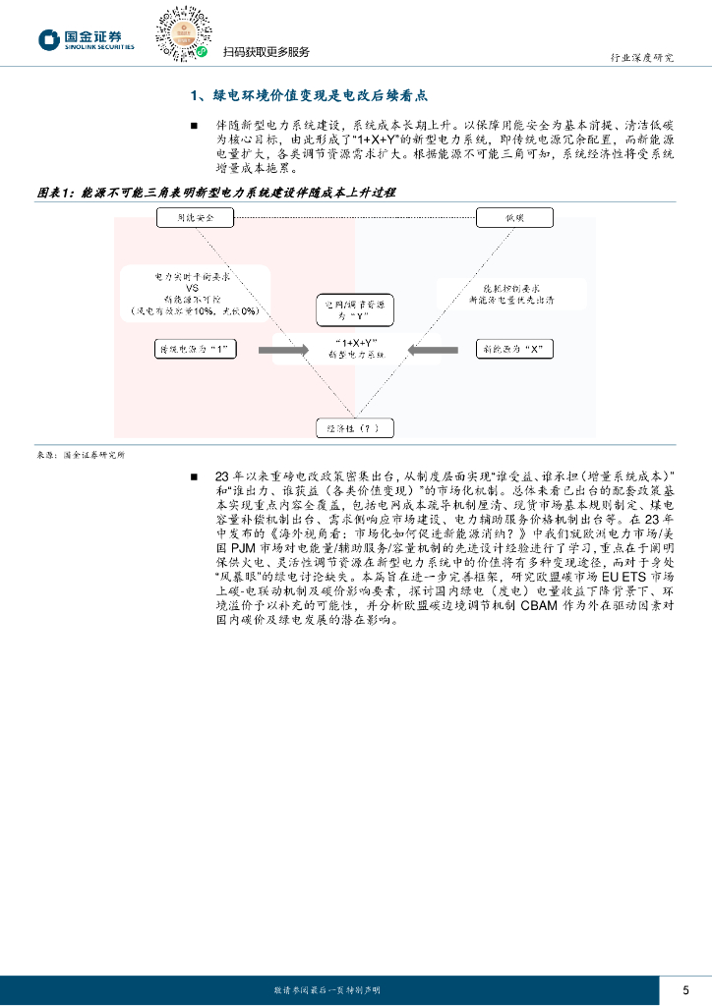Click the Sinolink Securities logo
tap(86, 39)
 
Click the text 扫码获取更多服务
tap(266, 52)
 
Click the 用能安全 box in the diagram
tap(193, 216)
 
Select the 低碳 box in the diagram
tap(515, 216)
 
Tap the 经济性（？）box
tap(354, 427)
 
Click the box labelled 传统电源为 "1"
tap(197, 349)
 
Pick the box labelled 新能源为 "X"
tap(514, 349)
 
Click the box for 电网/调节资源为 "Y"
tap(354, 310)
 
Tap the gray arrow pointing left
tap(433, 349)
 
